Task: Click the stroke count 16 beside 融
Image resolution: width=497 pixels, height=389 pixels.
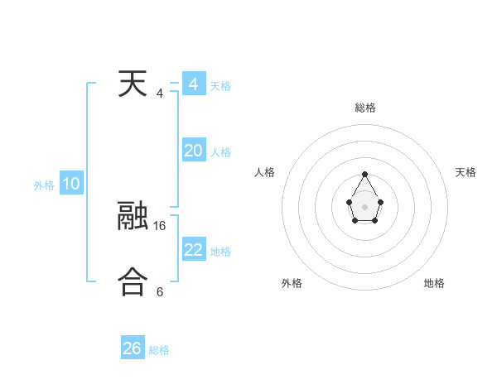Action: click(160, 224)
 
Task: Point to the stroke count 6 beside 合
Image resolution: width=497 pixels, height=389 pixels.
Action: click(160, 291)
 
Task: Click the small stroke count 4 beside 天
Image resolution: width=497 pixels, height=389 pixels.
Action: click(160, 93)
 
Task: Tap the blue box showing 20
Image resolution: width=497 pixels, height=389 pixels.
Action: click(193, 150)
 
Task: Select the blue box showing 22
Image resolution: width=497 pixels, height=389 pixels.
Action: click(193, 249)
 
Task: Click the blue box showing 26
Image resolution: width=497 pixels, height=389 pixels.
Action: click(132, 348)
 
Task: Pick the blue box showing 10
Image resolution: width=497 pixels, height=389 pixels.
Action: click(70, 184)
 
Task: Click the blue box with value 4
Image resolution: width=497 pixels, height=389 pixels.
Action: click(193, 84)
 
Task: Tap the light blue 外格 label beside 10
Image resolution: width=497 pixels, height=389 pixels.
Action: click(44, 185)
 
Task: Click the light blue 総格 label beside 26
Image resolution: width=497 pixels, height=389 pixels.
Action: click(159, 350)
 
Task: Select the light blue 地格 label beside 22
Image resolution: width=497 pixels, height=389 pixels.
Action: click(220, 251)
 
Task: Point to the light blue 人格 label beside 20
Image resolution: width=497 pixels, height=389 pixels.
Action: click(220, 151)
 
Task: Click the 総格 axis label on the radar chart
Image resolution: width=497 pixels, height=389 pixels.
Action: click(365, 108)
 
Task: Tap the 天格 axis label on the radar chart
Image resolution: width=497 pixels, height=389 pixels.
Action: click(466, 172)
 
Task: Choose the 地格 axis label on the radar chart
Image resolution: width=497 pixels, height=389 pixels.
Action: click(434, 283)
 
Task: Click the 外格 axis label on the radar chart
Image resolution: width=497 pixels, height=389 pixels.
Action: click(292, 283)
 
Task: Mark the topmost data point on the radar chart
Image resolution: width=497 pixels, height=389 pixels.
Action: click(364, 175)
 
